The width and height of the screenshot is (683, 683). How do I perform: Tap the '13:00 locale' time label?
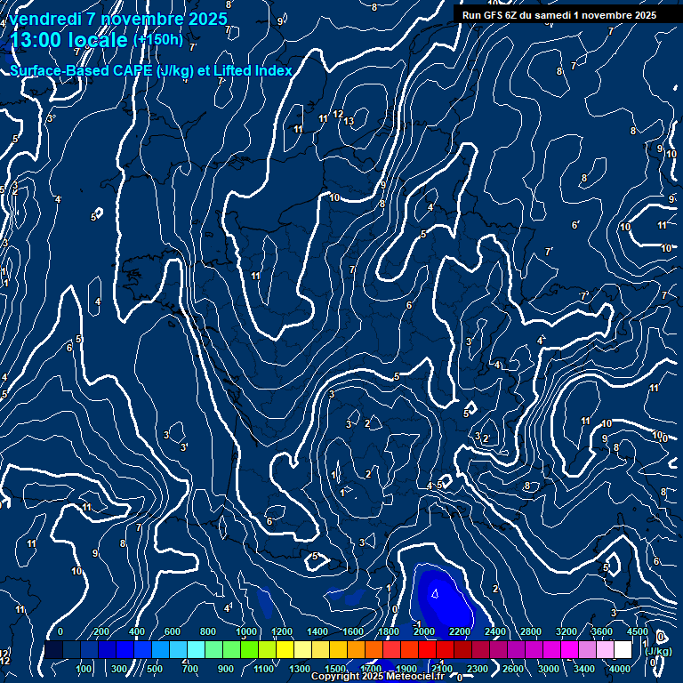(68, 40)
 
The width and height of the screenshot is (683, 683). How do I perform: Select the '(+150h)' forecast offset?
(157, 40)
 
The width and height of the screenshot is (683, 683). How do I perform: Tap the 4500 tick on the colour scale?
(638, 631)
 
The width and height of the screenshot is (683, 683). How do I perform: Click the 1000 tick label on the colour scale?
(246, 631)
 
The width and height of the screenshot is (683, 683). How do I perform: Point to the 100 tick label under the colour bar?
(84, 669)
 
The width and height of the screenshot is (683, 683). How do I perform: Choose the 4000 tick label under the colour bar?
(621, 669)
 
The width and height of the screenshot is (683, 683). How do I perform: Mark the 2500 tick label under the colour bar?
(478, 669)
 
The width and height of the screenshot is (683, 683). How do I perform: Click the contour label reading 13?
(350, 121)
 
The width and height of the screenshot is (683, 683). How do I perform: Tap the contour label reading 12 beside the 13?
(338, 114)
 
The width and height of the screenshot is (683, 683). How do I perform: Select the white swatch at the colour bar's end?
(623, 650)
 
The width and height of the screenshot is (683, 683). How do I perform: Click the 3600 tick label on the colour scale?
(602, 631)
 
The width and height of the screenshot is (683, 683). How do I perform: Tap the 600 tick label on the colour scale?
(173, 631)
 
